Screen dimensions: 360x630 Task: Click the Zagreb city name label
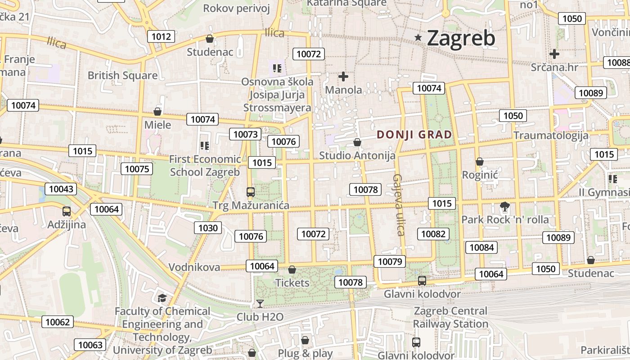[x=461, y=38]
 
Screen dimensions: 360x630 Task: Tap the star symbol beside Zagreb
[x=418, y=38]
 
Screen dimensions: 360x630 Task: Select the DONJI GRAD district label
[x=414, y=135]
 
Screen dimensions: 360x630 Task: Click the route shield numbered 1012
[x=162, y=36]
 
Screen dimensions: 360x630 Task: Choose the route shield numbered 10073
[x=246, y=134]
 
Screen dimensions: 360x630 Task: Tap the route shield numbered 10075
[x=137, y=169]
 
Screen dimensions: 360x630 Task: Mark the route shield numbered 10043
[x=61, y=189]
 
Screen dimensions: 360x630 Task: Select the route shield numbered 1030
[x=208, y=228]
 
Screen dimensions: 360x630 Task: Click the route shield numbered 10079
[x=390, y=261]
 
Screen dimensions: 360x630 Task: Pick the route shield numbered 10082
[x=433, y=234]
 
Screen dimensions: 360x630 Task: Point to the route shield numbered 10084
[x=481, y=247]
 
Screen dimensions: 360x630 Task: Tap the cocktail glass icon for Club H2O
[x=260, y=304]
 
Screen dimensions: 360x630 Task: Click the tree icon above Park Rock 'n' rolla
[x=505, y=207]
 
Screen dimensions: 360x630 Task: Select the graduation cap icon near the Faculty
[x=162, y=298]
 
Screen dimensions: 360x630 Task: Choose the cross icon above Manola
[x=343, y=76]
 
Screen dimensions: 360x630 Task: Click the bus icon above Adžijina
[x=67, y=211]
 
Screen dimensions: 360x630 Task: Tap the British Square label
[x=122, y=75]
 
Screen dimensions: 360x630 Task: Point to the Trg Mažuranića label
[x=251, y=206]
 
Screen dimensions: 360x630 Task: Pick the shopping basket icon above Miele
[x=157, y=111]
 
